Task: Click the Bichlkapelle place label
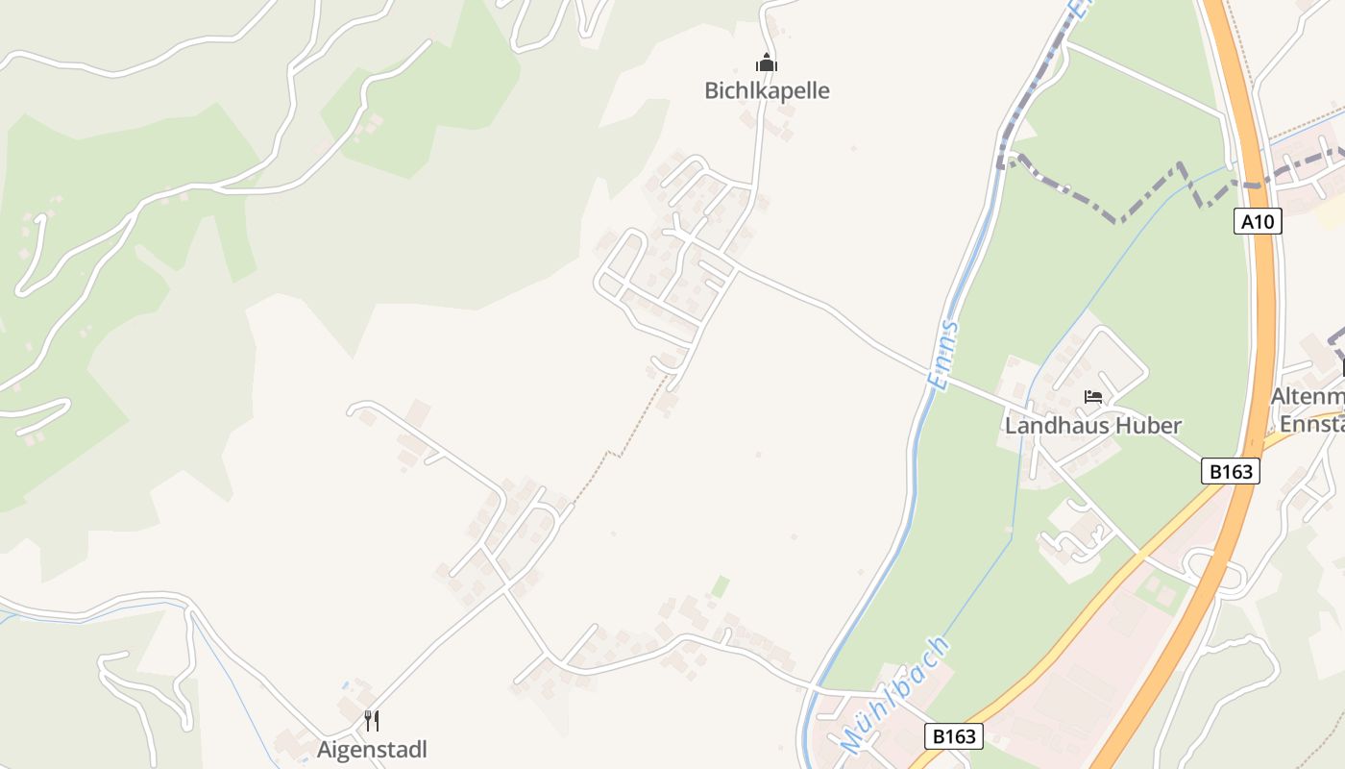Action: click(767, 91)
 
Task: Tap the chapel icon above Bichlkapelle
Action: click(767, 63)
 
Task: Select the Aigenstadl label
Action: click(372, 750)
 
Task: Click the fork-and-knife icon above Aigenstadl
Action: click(372, 720)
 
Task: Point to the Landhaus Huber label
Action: click(1093, 425)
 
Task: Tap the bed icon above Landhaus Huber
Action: click(1093, 396)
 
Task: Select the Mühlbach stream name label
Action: click(894, 693)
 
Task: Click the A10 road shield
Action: click(1257, 222)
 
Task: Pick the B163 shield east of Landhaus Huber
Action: click(1231, 472)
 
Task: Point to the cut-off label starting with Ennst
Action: click(1310, 424)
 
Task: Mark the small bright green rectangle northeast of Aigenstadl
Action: click(721, 585)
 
